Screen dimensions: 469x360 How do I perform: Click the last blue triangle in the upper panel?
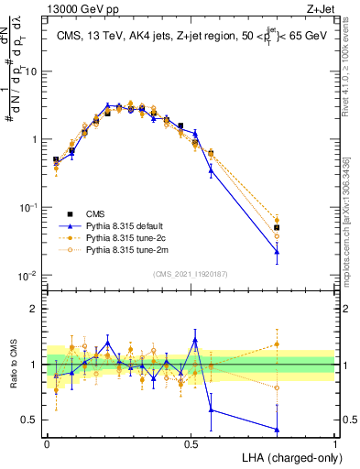[x=277, y=251]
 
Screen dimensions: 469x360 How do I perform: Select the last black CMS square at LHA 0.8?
[x=277, y=227]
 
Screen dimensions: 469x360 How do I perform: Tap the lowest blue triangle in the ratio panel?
[x=277, y=429]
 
